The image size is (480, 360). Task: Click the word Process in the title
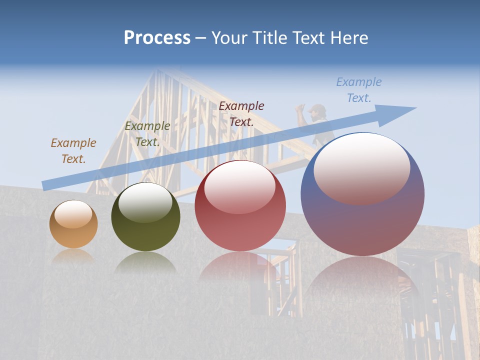point(157,38)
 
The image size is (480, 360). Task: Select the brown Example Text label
point(73,150)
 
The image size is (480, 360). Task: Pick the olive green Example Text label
point(147,133)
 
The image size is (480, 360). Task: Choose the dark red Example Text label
point(241,113)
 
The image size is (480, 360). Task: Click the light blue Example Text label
point(358,89)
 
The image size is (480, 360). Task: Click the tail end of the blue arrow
point(45,185)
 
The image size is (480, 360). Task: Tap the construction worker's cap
point(316,108)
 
